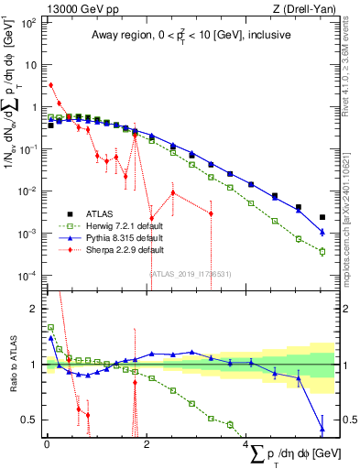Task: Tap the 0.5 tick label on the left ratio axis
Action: (x=27, y=420)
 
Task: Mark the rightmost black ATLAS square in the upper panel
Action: (x=322, y=218)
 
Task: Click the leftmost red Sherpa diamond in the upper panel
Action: (x=50, y=85)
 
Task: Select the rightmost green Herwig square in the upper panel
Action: (x=322, y=250)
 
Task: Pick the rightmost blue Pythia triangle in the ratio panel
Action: (x=322, y=427)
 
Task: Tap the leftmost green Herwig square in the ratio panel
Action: (x=50, y=327)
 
